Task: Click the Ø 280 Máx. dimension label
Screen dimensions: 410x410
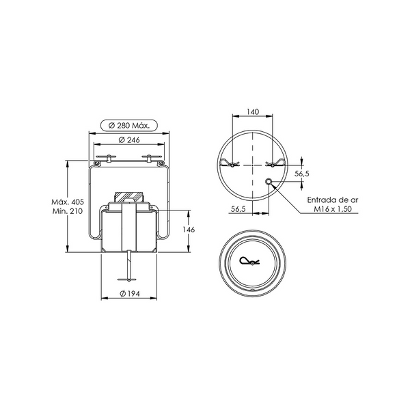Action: point(129,126)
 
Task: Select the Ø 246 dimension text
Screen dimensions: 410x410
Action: point(129,140)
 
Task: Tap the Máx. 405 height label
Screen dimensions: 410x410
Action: point(68,202)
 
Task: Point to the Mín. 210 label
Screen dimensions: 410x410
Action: point(68,211)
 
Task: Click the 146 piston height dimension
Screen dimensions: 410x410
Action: point(189,230)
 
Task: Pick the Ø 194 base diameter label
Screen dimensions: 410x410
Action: point(130,294)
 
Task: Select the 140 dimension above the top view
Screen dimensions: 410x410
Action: point(253,112)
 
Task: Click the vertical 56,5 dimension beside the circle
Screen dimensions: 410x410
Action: point(302,174)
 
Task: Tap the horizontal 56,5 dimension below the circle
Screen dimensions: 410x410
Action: point(238,209)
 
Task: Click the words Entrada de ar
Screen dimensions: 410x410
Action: point(333,200)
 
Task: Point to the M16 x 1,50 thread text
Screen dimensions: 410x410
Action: point(333,209)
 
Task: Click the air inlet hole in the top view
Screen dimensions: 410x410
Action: point(269,182)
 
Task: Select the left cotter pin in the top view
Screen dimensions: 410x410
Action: point(230,163)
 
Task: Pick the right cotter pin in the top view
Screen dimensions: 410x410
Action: point(275,163)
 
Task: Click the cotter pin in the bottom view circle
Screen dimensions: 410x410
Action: point(249,261)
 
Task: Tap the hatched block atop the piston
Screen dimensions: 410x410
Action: point(129,197)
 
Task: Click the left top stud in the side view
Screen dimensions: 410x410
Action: point(108,158)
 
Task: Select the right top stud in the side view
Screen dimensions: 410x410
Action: point(149,158)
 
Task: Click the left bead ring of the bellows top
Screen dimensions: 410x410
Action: point(97,163)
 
